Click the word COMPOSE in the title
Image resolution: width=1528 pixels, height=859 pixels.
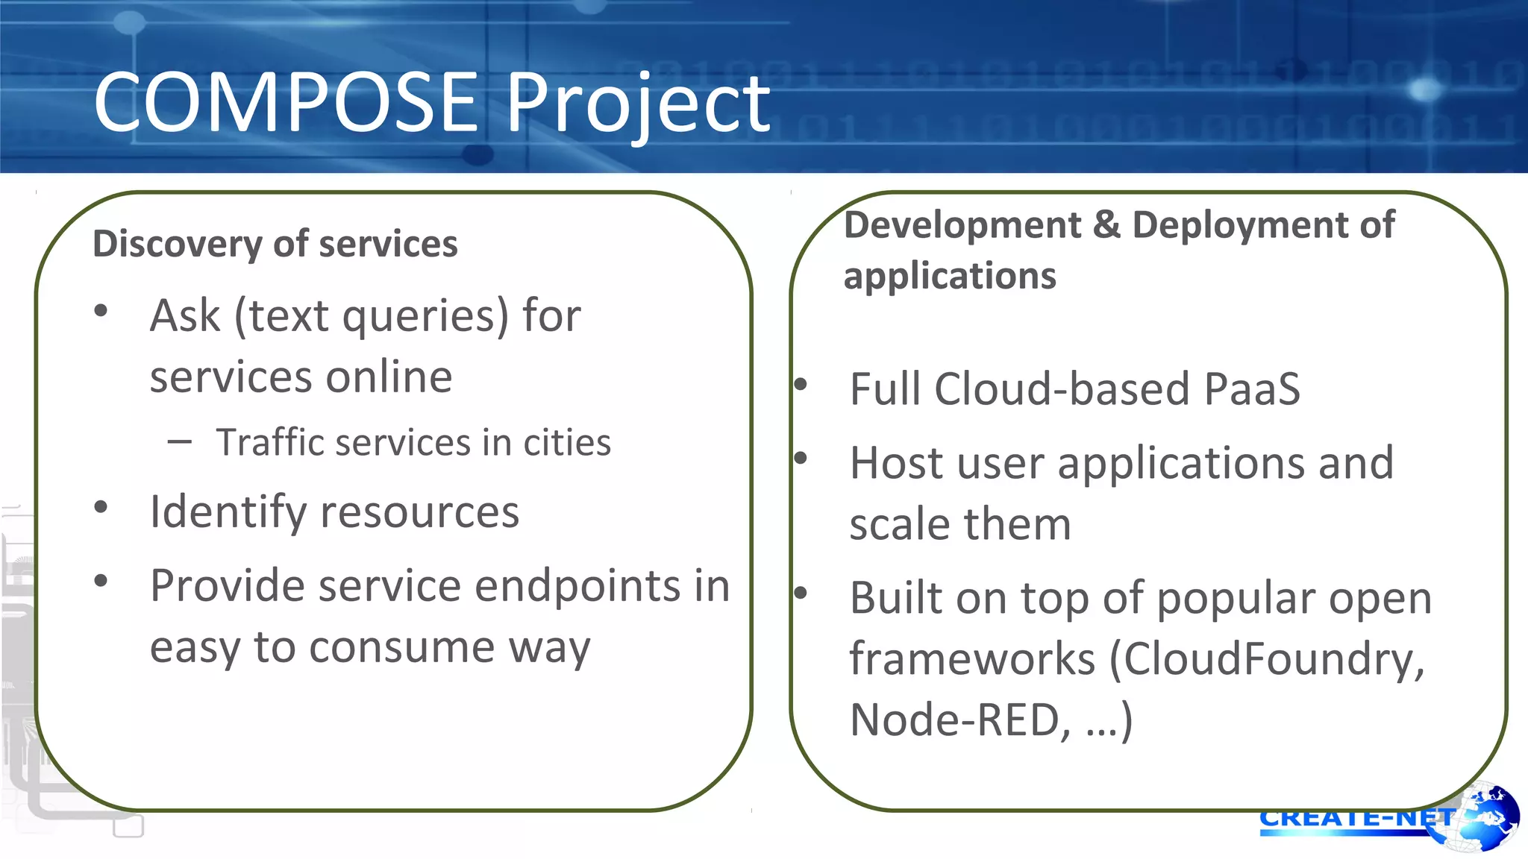pos(286,102)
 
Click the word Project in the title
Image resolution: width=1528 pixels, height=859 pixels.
pos(638,104)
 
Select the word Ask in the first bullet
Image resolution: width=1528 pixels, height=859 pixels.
pos(185,315)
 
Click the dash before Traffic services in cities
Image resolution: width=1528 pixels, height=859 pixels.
pos(180,441)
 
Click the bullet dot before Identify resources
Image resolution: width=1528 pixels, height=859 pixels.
pos(101,508)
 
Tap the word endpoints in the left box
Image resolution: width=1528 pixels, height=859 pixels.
pos(577,586)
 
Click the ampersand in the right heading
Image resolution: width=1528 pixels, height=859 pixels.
pos(1106,225)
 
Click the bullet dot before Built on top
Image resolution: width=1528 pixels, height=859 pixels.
pos(801,594)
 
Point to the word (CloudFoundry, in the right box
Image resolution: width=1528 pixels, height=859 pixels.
pos(1267,660)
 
